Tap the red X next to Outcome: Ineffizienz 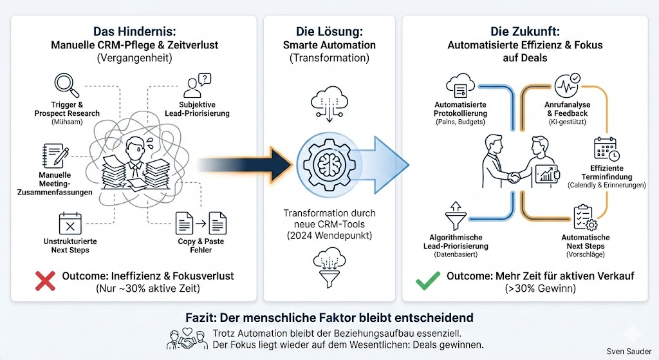point(45,281)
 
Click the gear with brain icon point(329,160)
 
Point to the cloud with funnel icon point(329,263)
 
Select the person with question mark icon point(197,86)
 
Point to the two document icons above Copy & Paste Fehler point(201,223)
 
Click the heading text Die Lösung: point(329,31)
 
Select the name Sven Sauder point(629,352)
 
